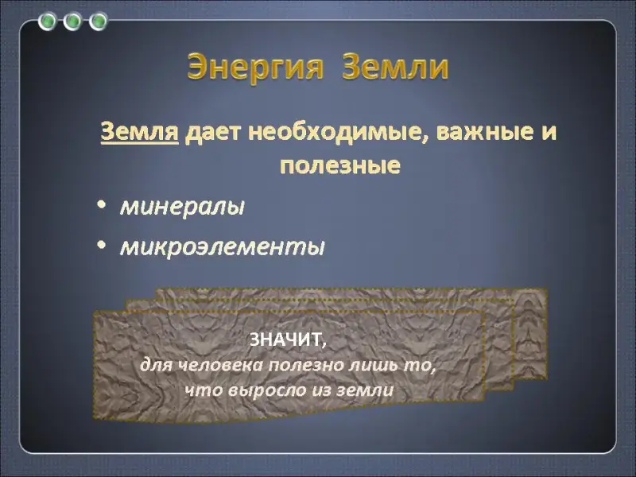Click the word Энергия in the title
coord(255,67)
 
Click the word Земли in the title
coord(395,66)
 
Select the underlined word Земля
coord(140,132)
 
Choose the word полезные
coord(340,165)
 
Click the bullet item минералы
coord(183,207)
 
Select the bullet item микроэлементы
coord(223,246)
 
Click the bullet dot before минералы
coord(102,205)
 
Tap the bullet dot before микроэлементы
coord(102,245)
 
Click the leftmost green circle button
coord(48,21)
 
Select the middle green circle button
coord(72,21)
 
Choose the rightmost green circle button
coord(98,21)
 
